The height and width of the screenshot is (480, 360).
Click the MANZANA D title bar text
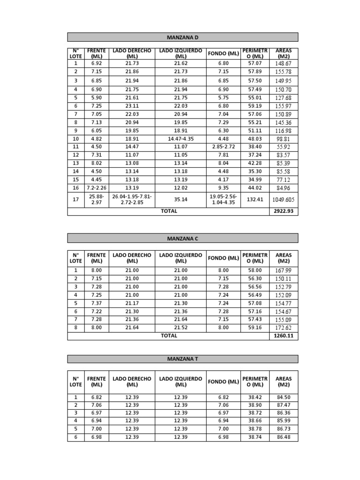click(183, 37)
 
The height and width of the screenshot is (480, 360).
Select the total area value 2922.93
click(283, 211)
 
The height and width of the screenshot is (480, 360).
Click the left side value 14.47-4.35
click(180, 139)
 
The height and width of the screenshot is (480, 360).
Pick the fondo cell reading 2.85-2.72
click(223, 147)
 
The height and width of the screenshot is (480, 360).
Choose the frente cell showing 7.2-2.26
click(97, 188)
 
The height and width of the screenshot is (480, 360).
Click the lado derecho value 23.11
click(132, 106)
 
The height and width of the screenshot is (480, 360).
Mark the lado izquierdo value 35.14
click(180, 200)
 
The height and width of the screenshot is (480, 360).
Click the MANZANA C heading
click(183, 239)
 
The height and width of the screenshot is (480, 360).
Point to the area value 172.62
click(283, 328)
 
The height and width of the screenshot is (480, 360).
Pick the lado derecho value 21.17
click(132, 303)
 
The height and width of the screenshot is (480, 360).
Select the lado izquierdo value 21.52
click(180, 328)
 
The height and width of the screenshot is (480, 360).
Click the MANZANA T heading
click(183, 359)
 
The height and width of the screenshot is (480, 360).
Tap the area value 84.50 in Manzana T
click(283, 397)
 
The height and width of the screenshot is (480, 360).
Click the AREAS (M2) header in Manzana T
click(283, 382)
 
